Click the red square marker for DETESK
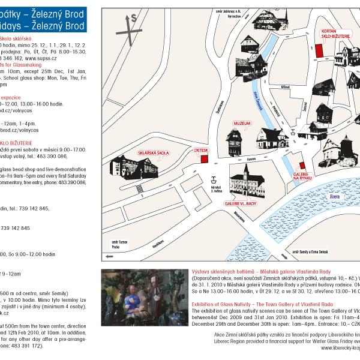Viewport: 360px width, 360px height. [204, 158]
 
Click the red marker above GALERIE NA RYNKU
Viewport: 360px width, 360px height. [302, 164]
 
